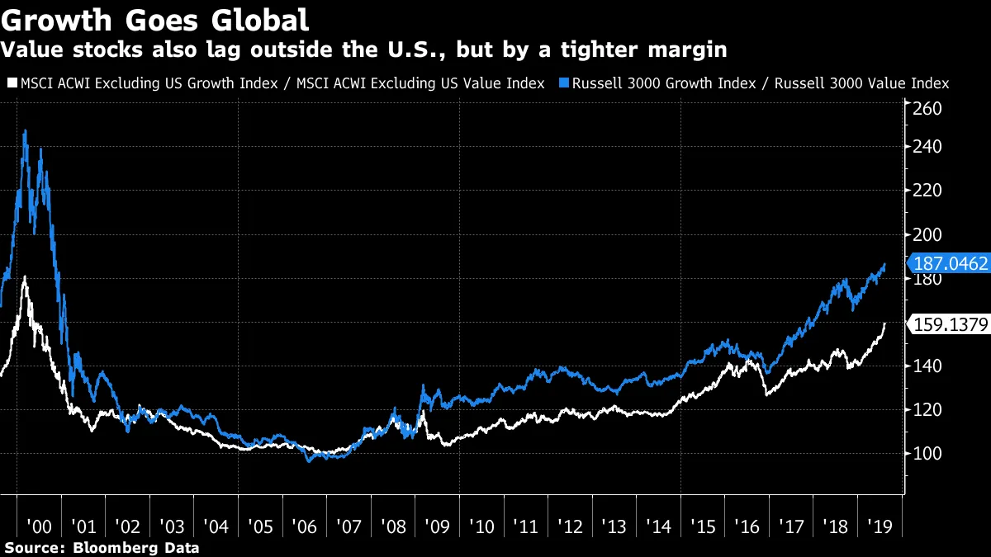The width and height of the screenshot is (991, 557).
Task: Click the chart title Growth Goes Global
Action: [x=156, y=19]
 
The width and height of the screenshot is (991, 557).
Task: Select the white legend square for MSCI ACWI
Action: [x=10, y=83]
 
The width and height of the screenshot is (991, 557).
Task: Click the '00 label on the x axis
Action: [x=40, y=526]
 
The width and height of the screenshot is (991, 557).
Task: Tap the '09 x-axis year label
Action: [x=437, y=526]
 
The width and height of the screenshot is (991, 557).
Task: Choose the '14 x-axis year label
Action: [x=658, y=526]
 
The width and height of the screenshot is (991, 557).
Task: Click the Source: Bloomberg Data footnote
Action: [x=101, y=548]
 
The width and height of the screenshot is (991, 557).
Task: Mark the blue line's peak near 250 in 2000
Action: [x=25, y=130]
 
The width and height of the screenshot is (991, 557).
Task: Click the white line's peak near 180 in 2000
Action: [x=25, y=276]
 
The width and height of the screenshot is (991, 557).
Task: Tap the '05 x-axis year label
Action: [x=260, y=526]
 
